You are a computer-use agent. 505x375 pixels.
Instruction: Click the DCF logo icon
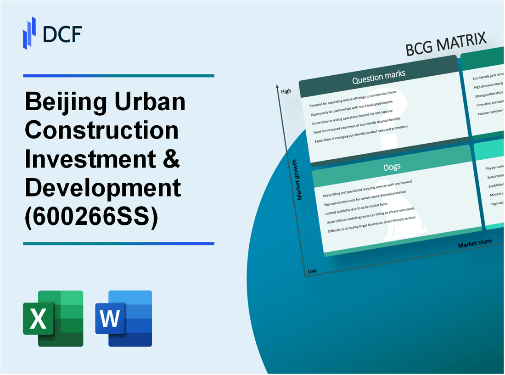(29, 33)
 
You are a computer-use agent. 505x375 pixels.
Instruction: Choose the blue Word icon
(123, 318)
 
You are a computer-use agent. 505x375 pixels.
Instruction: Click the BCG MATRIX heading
(446, 45)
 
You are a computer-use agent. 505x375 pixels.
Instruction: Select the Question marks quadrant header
(379, 79)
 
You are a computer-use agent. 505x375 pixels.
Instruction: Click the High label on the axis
(286, 91)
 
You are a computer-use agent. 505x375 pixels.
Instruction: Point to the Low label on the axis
(312, 271)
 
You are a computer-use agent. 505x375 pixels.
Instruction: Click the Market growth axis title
(300, 180)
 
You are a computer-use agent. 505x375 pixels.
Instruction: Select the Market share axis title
(475, 243)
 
